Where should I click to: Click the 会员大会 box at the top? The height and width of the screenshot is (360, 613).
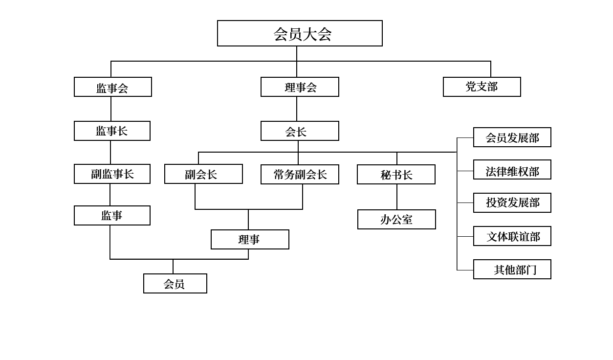(x=300, y=33)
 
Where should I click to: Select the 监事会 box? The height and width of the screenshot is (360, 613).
(x=112, y=87)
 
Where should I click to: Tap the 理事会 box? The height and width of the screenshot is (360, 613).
(x=300, y=87)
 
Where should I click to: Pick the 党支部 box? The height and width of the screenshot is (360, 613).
(x=482, y=87)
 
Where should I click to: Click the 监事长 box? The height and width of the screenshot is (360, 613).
(x=112, y=131)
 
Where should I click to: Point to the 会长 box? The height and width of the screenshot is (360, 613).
(x=300, y=131)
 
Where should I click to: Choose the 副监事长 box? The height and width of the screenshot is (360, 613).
(x=112, y=174)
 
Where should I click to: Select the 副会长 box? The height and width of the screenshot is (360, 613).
(x=203, y=174)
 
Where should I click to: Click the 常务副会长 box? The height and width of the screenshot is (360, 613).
(x=300, y=175)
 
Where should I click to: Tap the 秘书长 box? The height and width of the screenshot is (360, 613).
(x=396, y=175)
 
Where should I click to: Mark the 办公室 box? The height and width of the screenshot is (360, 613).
(x=396, y=220)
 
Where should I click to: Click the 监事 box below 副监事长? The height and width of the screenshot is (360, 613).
(x=112, y=216)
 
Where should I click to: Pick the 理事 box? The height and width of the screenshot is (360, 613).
(x=250, y=240)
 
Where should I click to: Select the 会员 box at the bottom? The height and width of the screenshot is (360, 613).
(x=175, y=284)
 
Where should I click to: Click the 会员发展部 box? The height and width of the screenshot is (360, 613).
(x=512, y=137)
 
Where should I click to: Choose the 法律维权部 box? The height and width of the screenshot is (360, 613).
(x=512, y=170)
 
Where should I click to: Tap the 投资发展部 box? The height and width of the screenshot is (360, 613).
(x=512, y=203)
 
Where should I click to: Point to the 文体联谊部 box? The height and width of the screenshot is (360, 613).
(x=512, y=236)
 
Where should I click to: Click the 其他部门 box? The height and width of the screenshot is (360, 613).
(x=512, y=270)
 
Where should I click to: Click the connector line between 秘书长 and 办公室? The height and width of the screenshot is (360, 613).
(x=397, y=197)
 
